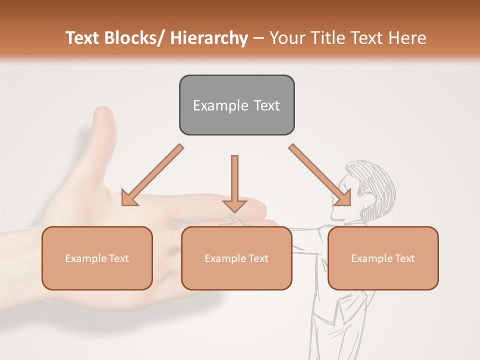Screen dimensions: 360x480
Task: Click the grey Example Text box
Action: tap(236, 105)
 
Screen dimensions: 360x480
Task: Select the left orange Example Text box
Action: tap(97, 258)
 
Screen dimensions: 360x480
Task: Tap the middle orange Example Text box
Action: tap(236, 258)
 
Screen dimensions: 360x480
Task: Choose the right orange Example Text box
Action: tap(383, 258)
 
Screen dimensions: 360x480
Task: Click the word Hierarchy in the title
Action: tap(209, 38)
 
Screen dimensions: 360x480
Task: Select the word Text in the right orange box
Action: tap(404, 258)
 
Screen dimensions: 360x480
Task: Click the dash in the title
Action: tap(259, 38)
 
